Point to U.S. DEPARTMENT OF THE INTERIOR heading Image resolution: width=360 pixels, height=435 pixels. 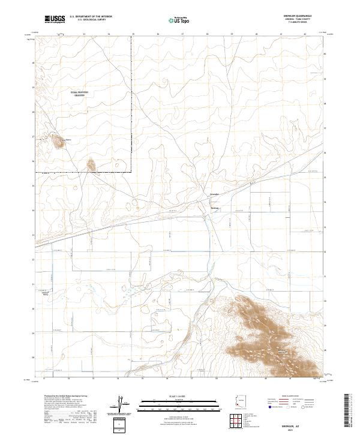coord(91,16)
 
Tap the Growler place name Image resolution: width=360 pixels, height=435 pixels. coord(215,194)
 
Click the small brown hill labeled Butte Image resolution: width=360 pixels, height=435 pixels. coord(59,142)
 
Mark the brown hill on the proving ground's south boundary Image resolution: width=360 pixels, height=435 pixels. coord(91,164)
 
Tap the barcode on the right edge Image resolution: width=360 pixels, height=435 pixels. coord(352,412)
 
